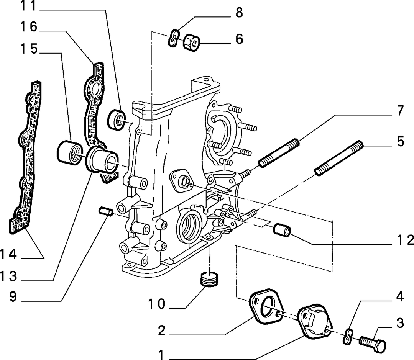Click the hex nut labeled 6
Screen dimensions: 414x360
pos(191,42)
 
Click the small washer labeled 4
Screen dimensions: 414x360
pos(348,337)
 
